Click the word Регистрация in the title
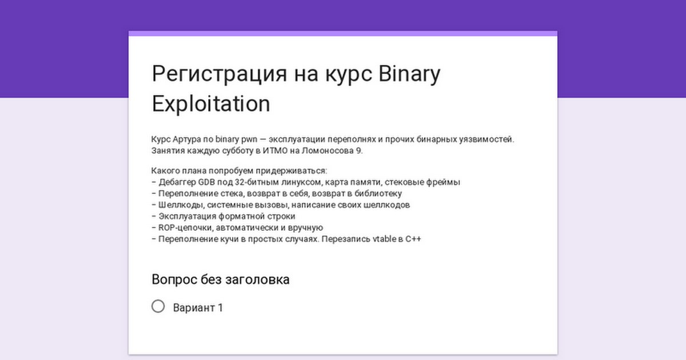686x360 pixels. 220,74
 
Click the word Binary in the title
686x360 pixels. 409,74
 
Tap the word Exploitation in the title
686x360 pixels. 211,104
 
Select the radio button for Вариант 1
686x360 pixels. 158,306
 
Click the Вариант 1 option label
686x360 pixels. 198,307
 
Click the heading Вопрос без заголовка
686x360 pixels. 221,279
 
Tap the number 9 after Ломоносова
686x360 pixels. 358,151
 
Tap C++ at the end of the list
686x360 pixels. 413,239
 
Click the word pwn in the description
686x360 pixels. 249,139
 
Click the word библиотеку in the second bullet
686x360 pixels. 378,194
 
